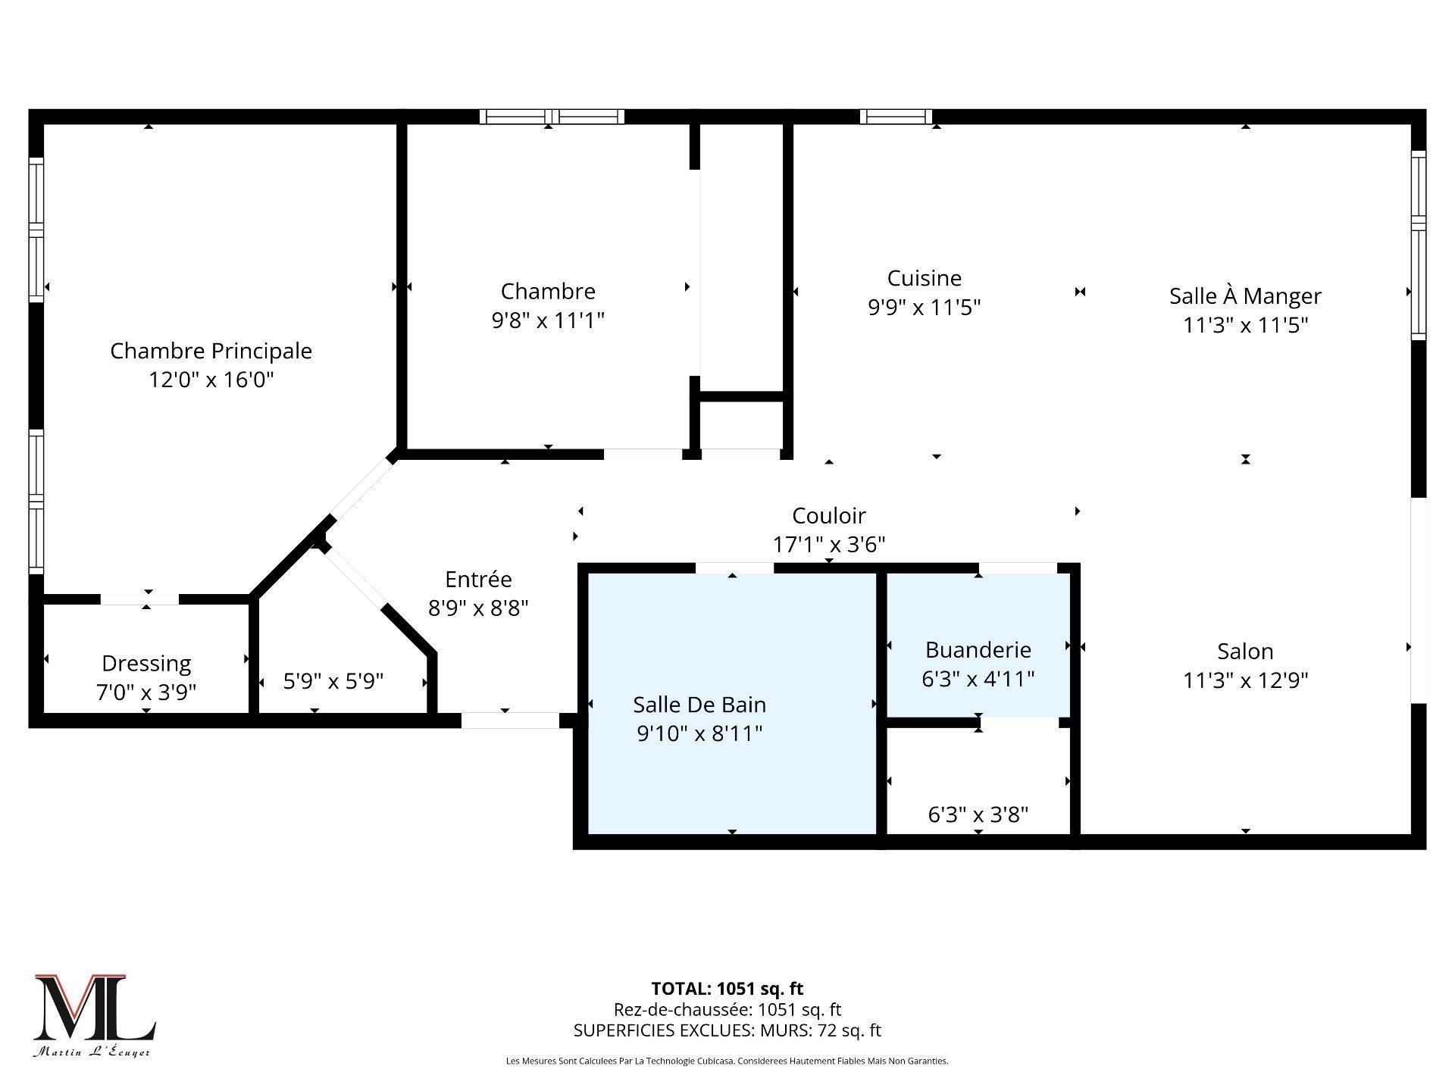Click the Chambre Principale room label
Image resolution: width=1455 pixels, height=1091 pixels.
point(211,351)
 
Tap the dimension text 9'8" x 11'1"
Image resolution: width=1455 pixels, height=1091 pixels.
point(548,320)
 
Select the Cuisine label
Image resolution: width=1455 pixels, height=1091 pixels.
point(924,278)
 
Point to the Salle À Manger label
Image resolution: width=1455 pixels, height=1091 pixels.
point(1245,295)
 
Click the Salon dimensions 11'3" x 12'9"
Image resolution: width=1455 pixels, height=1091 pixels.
point(1245,680)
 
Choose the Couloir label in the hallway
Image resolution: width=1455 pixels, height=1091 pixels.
point(828,516)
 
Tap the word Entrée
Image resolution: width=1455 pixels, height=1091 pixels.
point(478,580)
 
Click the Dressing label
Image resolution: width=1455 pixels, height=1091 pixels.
point(146,664)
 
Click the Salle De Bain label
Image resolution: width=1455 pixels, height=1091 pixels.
point(699,705)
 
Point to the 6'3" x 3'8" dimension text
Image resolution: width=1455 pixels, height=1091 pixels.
point(978,814)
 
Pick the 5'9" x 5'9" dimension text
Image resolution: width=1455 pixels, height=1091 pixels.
point(333,681)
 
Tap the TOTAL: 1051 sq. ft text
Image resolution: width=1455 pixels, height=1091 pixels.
point(727,989)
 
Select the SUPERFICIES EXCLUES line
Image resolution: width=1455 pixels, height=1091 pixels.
point(727,1030)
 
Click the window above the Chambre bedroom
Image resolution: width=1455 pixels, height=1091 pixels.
point(552,117)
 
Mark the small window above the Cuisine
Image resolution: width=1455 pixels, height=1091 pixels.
point(896,117)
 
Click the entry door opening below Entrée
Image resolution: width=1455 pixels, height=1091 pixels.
point(510,721)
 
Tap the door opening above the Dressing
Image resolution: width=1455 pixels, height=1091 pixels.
point(140,599)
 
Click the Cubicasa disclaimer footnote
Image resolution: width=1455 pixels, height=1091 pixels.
point(727,1061)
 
